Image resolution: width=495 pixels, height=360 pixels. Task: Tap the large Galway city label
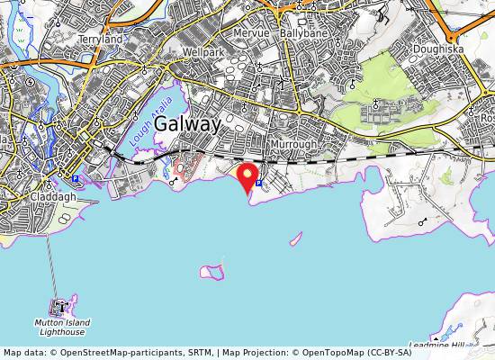[x=188, y=125]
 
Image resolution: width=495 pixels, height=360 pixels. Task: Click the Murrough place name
[x=292, y=144]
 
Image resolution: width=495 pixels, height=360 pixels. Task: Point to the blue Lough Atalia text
[x=139, y=128]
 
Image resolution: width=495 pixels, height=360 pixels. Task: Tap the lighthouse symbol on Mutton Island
[x=60, y=307]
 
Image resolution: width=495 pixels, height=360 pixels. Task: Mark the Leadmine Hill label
[x=436, y=345]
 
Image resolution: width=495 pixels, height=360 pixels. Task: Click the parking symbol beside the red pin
[x=259, y=182]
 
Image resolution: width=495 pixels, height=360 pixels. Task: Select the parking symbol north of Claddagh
[x=76, y=178]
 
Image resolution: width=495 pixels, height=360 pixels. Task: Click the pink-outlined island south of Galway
[x=212, y=271]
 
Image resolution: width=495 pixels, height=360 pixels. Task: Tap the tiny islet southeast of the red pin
[x=295, y=239]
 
